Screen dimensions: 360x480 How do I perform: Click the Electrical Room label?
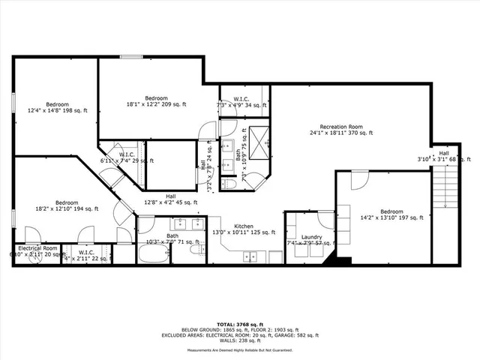(x=37, y=247)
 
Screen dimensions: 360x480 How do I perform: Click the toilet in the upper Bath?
(x=231, y=184)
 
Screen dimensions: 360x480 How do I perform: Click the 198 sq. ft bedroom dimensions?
(x=57, y=110)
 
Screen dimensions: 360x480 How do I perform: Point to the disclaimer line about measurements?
(x=240, y=349)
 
